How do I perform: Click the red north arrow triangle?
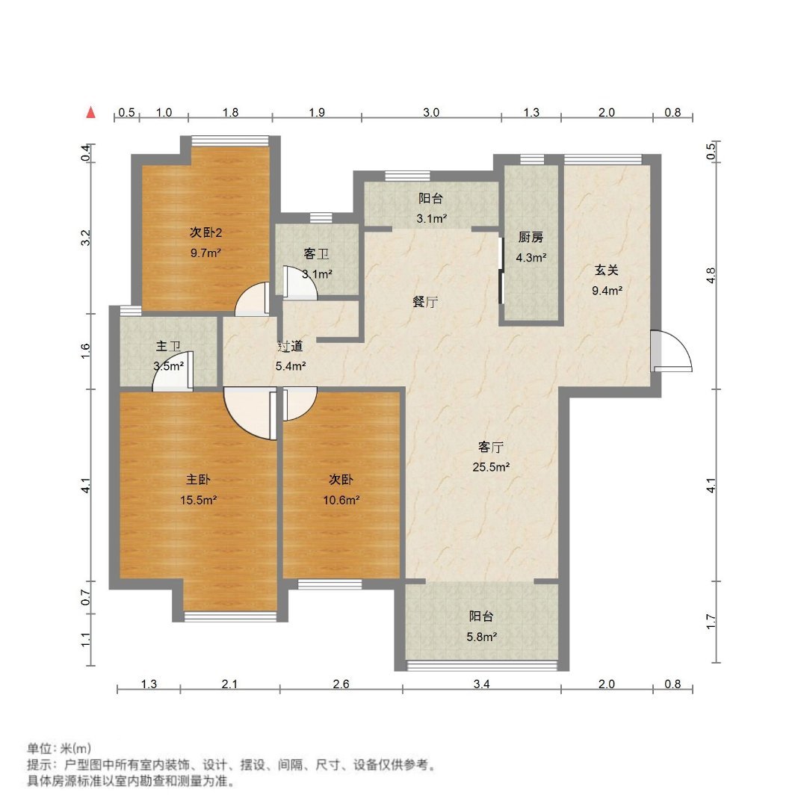[91, 112]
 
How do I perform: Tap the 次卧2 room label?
[206, 232]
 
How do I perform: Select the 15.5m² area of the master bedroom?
[198, 500]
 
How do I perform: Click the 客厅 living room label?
[490, 448]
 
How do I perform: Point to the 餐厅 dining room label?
[425, 302]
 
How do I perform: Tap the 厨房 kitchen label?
[531, 238]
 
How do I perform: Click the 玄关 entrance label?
[606, 270]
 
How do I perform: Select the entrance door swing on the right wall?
[671, 351]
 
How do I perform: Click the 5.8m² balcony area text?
[482, 637]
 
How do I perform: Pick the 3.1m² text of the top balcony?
[431, 218]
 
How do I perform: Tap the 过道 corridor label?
[290, 347]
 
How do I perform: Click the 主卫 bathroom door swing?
[173, 371]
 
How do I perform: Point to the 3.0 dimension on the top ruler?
[431, 112]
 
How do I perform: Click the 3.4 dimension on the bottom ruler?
[482, 684]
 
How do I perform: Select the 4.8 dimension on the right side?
[711, 276]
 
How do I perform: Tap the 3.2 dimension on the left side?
[86, 238]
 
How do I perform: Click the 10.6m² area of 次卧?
[341, 500]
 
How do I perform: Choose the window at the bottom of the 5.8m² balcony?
[482, 666]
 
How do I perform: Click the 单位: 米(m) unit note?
[59, 748]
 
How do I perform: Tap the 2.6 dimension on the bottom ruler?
[341, 684]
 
